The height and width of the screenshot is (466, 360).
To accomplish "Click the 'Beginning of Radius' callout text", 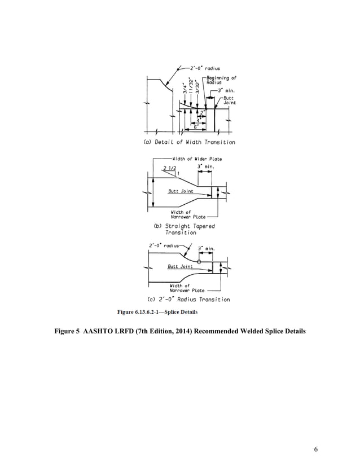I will (221, 80).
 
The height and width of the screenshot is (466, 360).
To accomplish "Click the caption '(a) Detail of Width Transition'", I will (190, 142).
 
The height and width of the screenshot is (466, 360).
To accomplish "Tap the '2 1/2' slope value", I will (169, 169).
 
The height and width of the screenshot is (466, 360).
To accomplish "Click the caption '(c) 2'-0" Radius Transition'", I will (188, 299).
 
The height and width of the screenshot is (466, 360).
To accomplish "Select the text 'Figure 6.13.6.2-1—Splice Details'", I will (157, 311).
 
